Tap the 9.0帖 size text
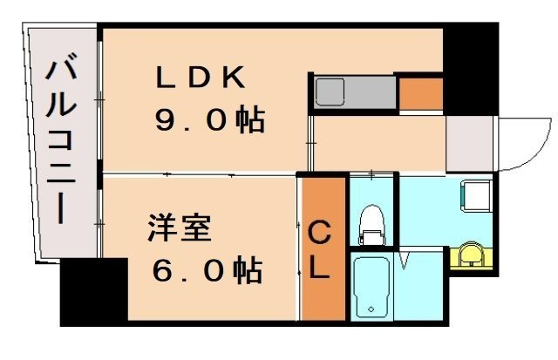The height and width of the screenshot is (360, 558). click(x=209, y=120)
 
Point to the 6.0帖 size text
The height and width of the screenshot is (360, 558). click(x=208, y=271)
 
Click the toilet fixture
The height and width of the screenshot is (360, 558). click(x=372, y=224)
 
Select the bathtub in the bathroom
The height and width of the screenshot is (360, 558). click(x=372, y=288)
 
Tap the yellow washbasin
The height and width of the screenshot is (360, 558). click(x=471, y=254)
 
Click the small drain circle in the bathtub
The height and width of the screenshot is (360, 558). click(x=372, y=309)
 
